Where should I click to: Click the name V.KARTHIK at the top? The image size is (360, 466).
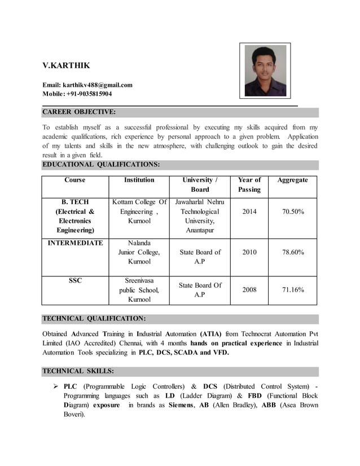coord(66,66)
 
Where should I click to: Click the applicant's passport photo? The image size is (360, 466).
coord(265,71)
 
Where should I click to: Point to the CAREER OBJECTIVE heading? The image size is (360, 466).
coord(79,112)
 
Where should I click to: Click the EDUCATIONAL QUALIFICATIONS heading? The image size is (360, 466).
coord(101,165)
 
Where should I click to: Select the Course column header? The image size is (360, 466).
coord(75,180)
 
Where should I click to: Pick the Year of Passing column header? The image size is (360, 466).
coord(249,184)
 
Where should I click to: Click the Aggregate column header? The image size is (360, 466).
coord(292,180)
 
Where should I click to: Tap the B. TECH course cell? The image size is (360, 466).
coord(75,216)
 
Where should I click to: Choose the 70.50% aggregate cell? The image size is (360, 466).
coord(293,212)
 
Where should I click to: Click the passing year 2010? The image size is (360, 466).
coord(249,252)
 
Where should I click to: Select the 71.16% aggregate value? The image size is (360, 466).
coord(293,289)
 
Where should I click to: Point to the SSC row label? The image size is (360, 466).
coord(75,280)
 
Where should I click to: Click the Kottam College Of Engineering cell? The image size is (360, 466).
coord(139,212)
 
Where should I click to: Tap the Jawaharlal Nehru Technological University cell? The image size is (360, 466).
coord(200,216)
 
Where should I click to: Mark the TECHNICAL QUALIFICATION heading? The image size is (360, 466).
coord(94,319)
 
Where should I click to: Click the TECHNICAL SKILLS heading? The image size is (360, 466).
coord(78,371)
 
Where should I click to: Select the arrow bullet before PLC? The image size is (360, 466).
coord(56,386)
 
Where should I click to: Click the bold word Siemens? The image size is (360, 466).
coord(183,406)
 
